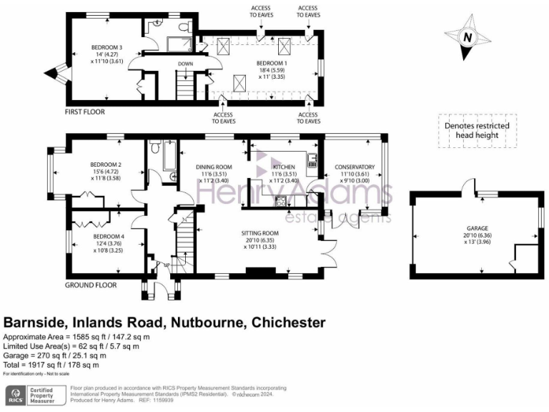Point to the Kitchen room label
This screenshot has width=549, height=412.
pos(283,167)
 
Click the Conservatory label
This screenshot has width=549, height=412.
pos(355,167)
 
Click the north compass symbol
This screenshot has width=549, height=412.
pos(467,37)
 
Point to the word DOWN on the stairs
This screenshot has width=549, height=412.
pos(184,64)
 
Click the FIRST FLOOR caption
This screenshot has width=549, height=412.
pos(84,112)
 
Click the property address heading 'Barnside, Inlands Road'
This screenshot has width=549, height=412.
pos(164,323)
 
